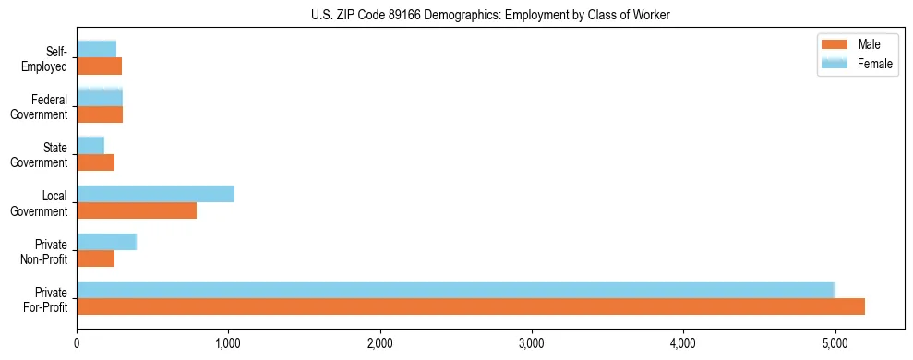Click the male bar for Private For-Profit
coord(471,306)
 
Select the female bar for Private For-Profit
coord(455,290)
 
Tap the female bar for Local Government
coord(155,194)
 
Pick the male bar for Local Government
coord(137,210)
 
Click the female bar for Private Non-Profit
coord(106,242)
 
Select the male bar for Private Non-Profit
coord(95,258)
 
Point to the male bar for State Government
coord(95,162)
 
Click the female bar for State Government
coord(90,146)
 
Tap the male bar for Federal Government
coord(100,114)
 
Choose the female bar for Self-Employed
coord(96,50)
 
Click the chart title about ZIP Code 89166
coord(490,15)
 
